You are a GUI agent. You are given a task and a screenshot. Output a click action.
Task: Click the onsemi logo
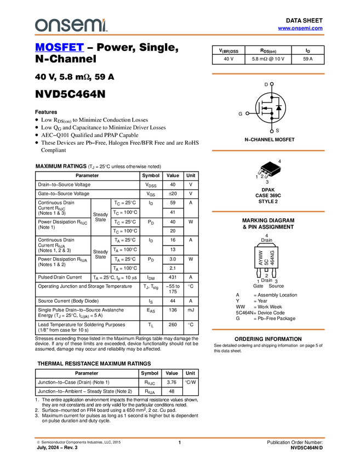pyautogui.click(x=71, y=25)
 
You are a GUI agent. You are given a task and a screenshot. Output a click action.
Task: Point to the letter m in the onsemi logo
pyautogui.click(x=90, y=26)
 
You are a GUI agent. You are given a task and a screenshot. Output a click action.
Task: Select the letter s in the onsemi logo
pyautogui.click(x=65, y=26)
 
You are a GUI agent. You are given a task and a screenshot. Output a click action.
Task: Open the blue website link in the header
pyautogui.click(x=300, y=29)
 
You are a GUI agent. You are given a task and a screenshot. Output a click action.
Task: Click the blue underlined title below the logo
pyautogui.click(x=59, y=48)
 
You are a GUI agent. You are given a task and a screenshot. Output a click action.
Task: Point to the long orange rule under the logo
pyautogui.click(x=180, y=35)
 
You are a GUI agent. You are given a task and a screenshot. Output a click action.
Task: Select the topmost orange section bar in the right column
pyautogui.click(x=268, y=73)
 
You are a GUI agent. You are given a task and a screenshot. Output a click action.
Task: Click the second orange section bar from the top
pyautogui.click(x=268, y=150)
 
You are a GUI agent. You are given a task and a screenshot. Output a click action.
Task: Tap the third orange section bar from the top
pyautogui.click(x=268, y=211)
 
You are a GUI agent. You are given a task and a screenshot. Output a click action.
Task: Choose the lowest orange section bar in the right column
pyautogui.click(x=268, y=329)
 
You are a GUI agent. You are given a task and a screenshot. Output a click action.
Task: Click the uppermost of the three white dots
pyautogui.click(x=272, y=84)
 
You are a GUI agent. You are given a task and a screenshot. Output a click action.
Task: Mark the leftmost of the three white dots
pyautogui.click(x=247, y=113)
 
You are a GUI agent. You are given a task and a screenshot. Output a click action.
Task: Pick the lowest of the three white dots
pyautogui.click(x=272, y=131)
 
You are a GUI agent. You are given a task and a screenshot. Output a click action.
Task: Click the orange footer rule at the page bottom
pyautogui.click(x=180, y=437)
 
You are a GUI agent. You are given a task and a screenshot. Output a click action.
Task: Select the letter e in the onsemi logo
pyautogui.click(x=77, y=26)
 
